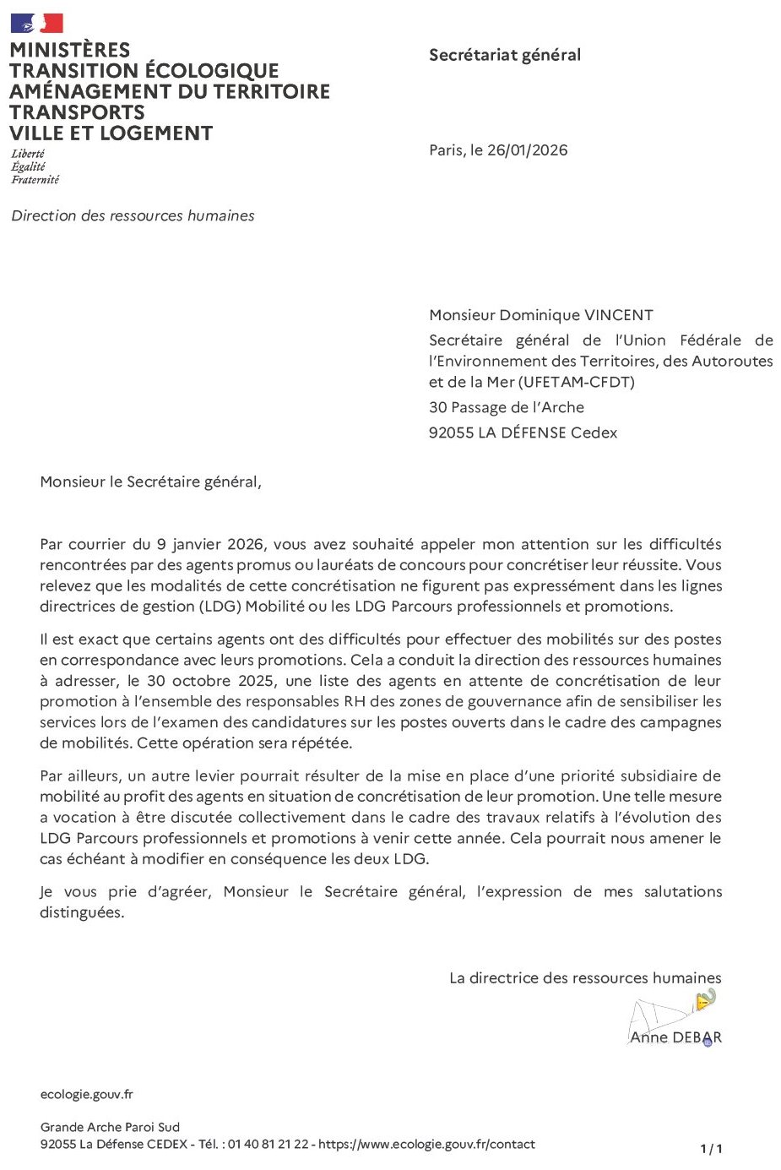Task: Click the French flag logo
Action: (x=36, y=23)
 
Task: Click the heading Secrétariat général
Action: (x=505, y=55)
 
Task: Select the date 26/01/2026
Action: (x=527, y=150)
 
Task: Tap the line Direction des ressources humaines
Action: (x=133, y=216)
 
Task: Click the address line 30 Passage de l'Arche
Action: (x=507, y=407)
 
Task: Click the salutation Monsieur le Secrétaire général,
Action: (x=150, y=482)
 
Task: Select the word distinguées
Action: (x=82, y=912)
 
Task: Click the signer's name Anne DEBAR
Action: (x=675, y=1037)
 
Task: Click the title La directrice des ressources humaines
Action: (x=585, y=978)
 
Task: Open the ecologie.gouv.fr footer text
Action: (x=86, y=1095)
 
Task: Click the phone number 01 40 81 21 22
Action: (x=267, y=1145)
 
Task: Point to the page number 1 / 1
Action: (x=711, y=1149)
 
